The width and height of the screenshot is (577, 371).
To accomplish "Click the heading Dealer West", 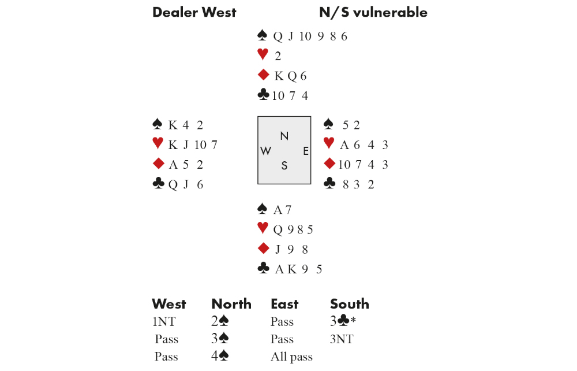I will tap(194, 12).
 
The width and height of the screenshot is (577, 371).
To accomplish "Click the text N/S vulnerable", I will tap(373, 12).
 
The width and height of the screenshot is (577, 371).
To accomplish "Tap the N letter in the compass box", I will tap(284, 136).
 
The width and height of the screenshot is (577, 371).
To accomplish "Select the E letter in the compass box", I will tap(306, 151).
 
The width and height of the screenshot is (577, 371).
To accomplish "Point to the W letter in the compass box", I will tap(266, 151).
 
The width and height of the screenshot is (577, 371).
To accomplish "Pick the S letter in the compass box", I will tap(284, 166).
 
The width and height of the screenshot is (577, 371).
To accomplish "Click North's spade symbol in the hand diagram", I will tap(263, 36).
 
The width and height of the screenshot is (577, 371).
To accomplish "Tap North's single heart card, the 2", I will tap(278, 56).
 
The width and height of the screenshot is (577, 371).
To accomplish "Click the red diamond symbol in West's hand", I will tap(158, 164).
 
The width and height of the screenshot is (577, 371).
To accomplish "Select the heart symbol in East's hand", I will tap(329, 144).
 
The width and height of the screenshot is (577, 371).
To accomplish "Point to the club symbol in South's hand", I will tap(263, 268).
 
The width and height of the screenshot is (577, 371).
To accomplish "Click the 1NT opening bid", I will tap(165, 322).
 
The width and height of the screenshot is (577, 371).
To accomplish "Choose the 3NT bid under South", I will tap(341, 339).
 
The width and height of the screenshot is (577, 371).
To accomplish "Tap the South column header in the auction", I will tap(349, 304).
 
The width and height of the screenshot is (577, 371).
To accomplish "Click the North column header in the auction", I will tap(231, 304).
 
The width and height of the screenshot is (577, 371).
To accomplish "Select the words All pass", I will tap(291, 357).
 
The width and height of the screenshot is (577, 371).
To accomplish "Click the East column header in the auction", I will tap(284, 304).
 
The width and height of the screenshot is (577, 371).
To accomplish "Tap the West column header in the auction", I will tap(168, 304).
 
